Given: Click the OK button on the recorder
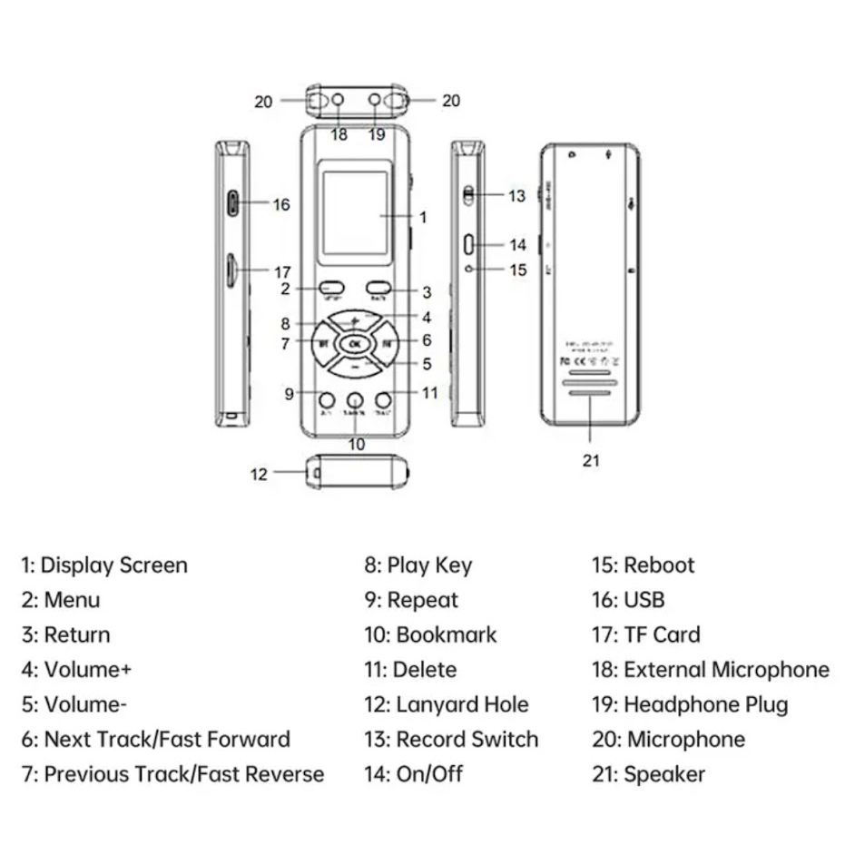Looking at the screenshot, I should tap(354, 344).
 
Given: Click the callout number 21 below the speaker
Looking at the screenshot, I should tap(591, 461).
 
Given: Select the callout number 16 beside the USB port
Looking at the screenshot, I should tap(281, 205).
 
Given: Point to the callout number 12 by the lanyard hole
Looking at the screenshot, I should tap(260, 474).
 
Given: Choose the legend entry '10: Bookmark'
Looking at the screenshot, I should tap(431, 634).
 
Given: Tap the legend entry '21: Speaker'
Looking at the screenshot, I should tap(648, 774).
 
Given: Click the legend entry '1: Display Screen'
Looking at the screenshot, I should tap(104, 565).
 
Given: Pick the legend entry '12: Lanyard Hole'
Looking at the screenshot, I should tap(447, 704).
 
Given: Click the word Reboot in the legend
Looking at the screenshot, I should tap(659, 565).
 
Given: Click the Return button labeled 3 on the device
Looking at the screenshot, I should tap(378, 287).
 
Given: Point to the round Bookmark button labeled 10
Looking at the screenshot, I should tap(355, 399).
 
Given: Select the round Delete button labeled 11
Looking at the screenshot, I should tap(383, 399).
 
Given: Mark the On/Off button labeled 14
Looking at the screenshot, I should tap(468, 244).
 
